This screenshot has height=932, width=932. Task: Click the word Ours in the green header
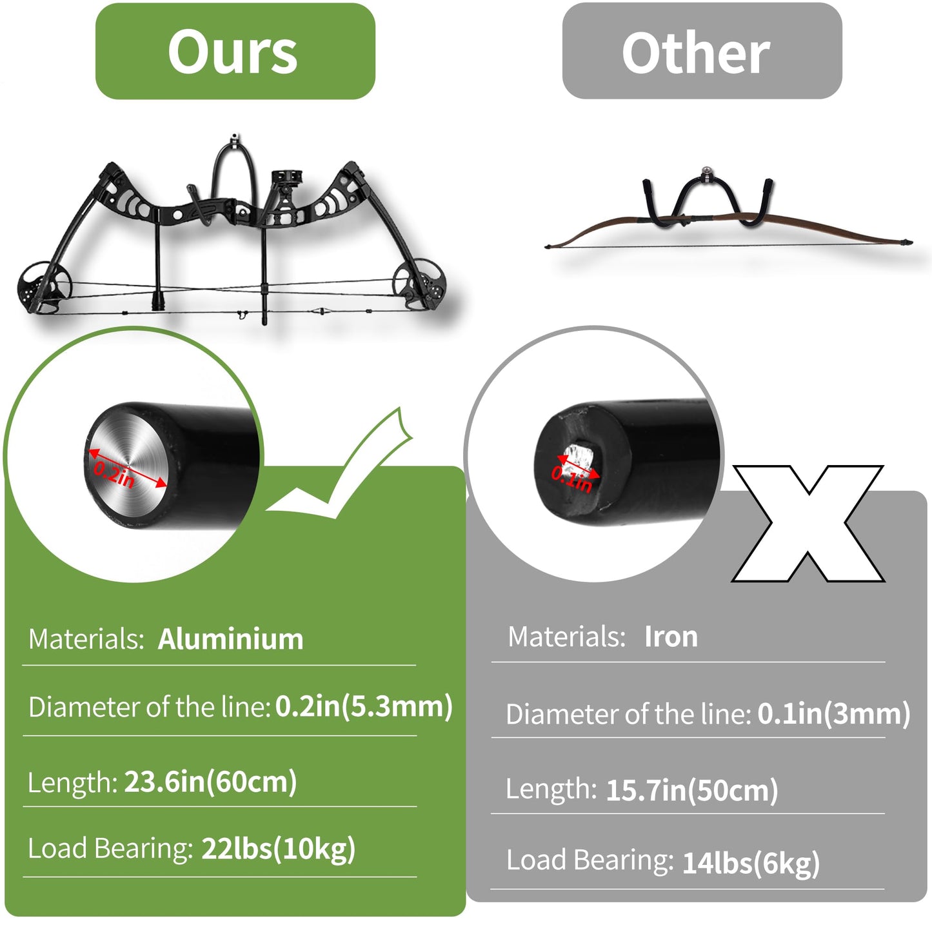tap(233, 51)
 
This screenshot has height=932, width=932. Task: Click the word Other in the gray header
tap(695, 52)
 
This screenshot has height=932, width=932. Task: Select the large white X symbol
tap(808, 523)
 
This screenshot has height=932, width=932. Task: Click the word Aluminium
tap(230, 639)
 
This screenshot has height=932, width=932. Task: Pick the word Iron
tap(671, 637)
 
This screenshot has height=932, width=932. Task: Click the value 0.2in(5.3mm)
tap(364, 707)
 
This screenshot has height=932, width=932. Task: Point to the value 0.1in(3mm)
tap(833, 714)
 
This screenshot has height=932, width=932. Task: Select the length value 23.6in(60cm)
tap(210, 782)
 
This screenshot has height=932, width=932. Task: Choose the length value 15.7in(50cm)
tap(691, 790)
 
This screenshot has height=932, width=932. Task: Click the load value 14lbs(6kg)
tap(751, 864)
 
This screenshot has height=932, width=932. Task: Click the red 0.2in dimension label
tap(114, 474)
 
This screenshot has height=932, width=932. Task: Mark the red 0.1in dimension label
tap(571, 479)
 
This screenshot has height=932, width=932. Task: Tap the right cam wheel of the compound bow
tap(419, 284)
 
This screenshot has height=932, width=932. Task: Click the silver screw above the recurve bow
tap(707, 172)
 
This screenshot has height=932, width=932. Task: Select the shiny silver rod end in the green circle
tap(128, 465)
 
